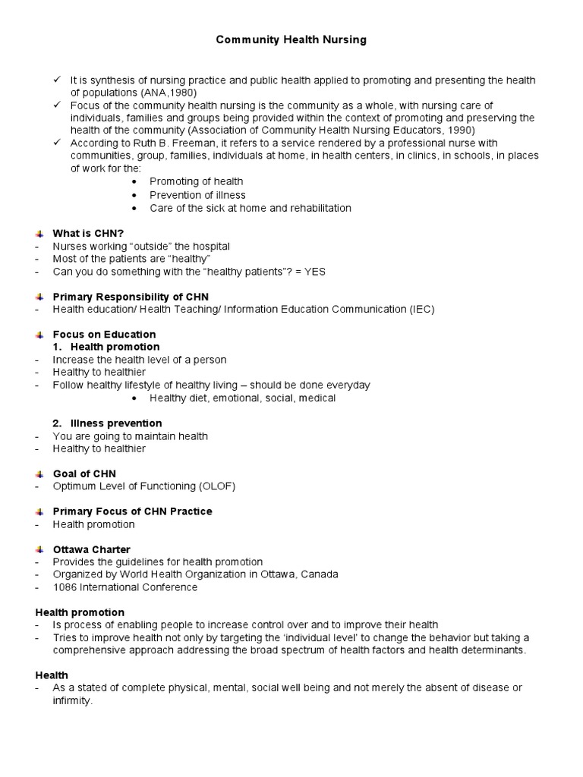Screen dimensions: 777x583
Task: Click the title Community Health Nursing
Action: click(291, 39)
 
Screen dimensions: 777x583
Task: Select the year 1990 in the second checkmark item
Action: click(462, 130)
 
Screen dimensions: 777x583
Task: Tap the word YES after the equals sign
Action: click(314, 272)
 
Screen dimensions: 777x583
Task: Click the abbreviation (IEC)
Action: click(423, 309)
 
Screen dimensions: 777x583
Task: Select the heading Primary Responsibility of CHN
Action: click(130, 297)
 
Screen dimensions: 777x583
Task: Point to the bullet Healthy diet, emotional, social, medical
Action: click(242, 398)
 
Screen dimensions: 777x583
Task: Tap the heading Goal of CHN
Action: click(84, 473)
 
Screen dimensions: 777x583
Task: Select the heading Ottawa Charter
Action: click(91, 549)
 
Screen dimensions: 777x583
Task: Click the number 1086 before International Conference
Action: click(65, 587)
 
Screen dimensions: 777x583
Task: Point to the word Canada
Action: click(320, 574)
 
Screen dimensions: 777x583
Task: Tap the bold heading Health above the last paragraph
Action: click(52, 675)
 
